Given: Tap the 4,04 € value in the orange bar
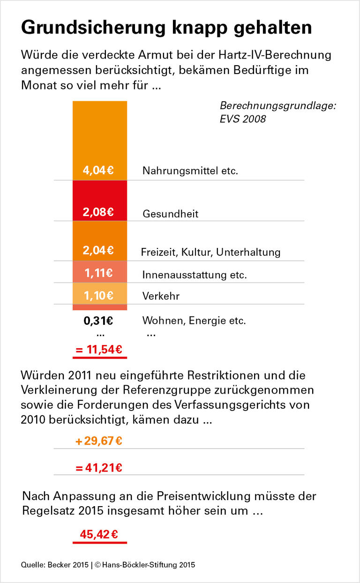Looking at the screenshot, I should pyautogui.click(x=98, y=170).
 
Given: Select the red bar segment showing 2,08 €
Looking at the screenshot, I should pyautogui.click(x=99, y=201).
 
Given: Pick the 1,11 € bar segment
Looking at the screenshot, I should pyautogui.click(x=99, y=272).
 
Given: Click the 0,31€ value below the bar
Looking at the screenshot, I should pyautogui.click(x=98, y=321).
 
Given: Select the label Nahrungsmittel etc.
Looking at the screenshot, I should pyautogui.click(x=190, y=171).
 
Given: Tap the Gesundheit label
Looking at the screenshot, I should pyautogui.click(x=171, y=214).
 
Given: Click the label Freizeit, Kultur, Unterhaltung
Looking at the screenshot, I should pyautogui.click(x=210, y=252).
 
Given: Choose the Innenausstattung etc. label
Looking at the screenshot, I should pyautogui.click(x=195, y=275).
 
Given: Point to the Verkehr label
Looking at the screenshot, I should pyautogui.click(x=161, y=296).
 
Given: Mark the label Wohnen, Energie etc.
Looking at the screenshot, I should pyautogui.click(x=194, y=321).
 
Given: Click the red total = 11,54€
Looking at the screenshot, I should pyautogui.click(x=99, y=350).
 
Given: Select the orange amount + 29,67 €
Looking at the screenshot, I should pyautogui.click(x=99, y=441).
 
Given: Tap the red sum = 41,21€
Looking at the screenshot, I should pyautogui.click(x=99, y=467).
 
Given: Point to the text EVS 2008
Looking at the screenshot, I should pyautogui.click(x=243, y=119).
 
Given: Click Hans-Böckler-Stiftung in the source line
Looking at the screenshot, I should pyautogui.click(x=135, y=565).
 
